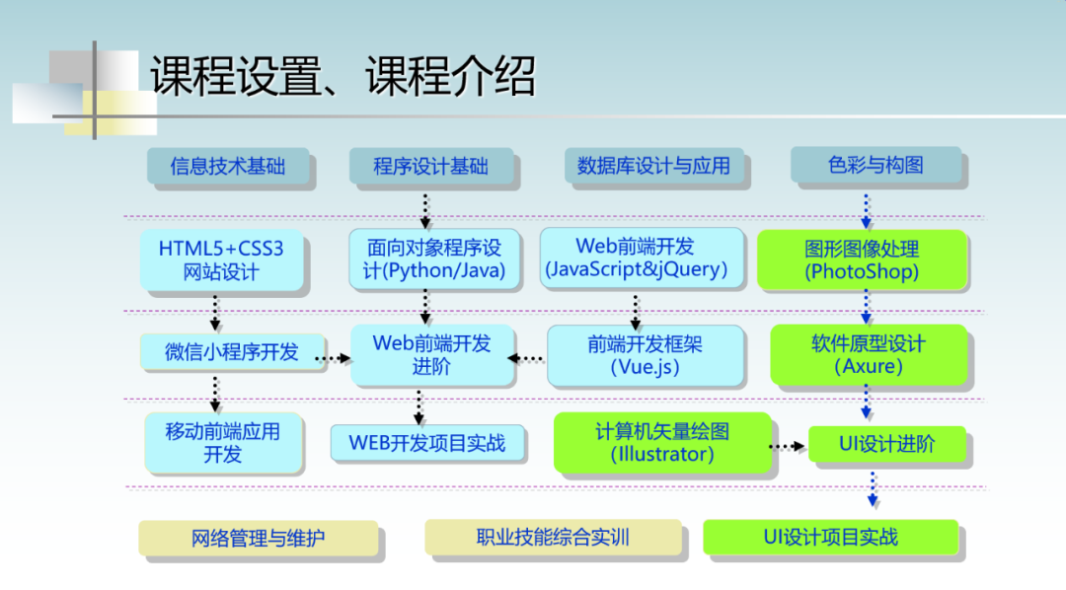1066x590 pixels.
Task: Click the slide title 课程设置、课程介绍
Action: [343, 76]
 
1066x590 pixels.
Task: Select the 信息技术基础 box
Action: [228, 167]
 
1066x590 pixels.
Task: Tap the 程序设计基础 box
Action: [430, 167]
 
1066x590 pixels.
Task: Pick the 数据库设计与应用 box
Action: [653, 166]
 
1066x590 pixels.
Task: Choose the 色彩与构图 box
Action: [876, 165]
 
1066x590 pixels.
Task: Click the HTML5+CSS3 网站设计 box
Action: [221, 260]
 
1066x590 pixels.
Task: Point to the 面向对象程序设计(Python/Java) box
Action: [426, 259]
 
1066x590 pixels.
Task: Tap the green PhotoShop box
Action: [861, 259]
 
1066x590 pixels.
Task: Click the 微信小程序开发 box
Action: [232, 351]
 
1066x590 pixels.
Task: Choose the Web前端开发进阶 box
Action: [431, 354]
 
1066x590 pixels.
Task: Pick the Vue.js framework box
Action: [646, 355]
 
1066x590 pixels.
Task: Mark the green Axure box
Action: [869, 354]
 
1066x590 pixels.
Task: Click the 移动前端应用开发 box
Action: [223, 442]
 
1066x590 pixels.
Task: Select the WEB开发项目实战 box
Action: [427, 443]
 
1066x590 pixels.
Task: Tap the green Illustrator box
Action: [661, 442]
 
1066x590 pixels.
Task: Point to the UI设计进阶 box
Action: [887, 444]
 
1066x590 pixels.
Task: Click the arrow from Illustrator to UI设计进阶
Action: [787, 446]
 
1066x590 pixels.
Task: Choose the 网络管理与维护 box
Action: [258, 539]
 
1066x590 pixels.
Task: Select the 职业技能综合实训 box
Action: [553, 538]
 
